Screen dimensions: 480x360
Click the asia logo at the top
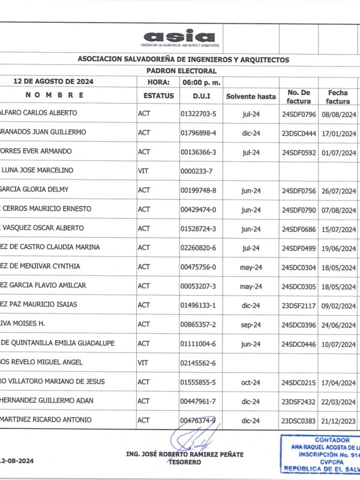point(180,38)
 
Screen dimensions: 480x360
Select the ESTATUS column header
point(158,95)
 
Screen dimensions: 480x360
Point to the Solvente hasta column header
point(251,96)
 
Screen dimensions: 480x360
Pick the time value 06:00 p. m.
point(202,82)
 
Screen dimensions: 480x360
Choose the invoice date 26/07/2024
point(339,190)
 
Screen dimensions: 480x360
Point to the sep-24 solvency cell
point(251,324)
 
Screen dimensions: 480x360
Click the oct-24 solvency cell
point(251,382)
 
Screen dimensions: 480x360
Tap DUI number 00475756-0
point(198,266)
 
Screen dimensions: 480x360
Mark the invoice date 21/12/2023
point(339,420)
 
